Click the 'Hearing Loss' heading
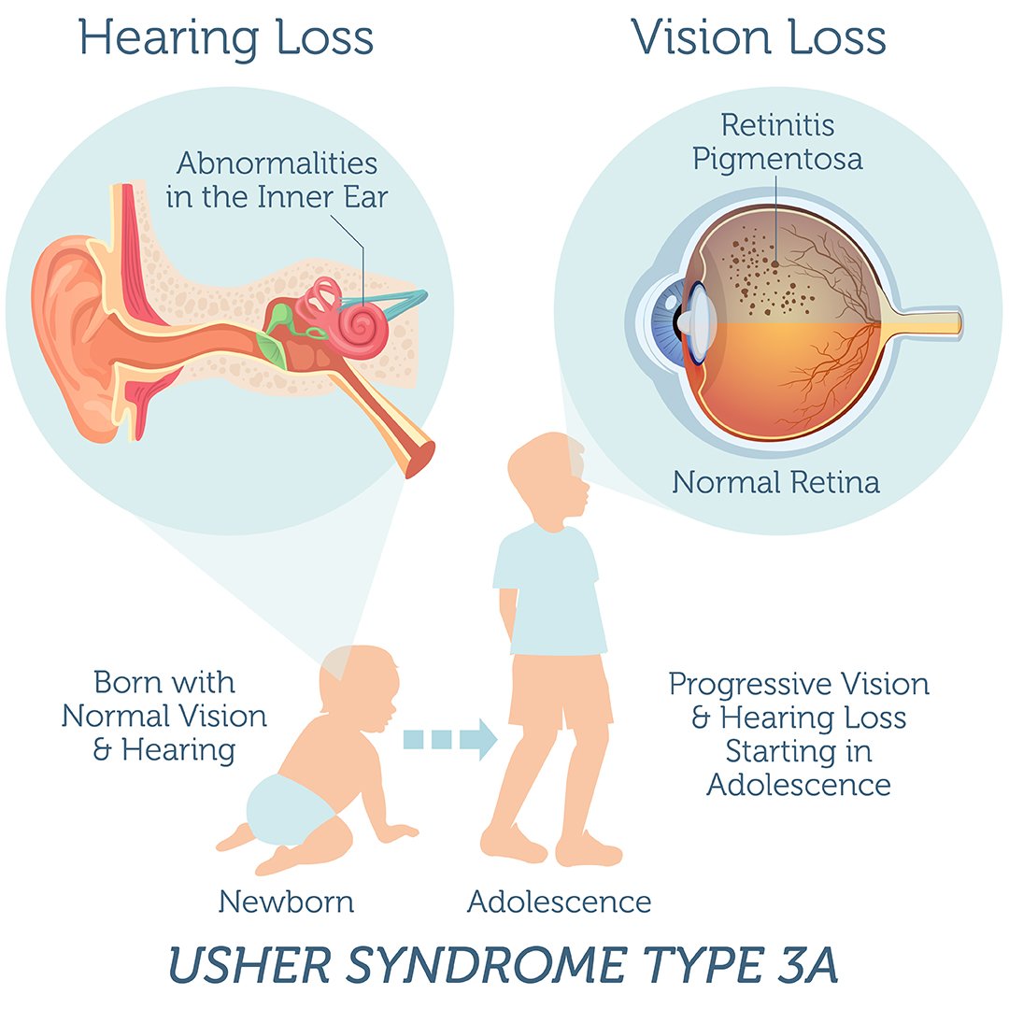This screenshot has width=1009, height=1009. pyautogui.click(x=226, y=38)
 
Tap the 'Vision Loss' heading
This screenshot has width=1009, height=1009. pyautogui.click(x=758, y=37)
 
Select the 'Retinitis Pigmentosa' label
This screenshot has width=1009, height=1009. pyautogui.click(x=777, y=143)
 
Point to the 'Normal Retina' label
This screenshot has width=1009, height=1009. pyautogui.click(x=775, y=482)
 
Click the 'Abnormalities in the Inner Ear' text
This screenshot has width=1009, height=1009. pyautogui.click(x=277, y=180)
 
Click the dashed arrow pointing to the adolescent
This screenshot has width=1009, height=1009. pyautogui.click(x=450, y=739)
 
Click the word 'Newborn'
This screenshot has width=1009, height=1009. pyautogui.click(x=287, y=902)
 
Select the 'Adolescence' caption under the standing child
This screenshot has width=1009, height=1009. pyautogui.click(x=560, y=902)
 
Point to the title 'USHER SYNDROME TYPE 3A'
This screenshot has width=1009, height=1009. pyautogui.click(x=504, y=964)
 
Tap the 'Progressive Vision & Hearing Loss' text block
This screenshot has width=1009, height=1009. pyautogui.click(x=799, y=734)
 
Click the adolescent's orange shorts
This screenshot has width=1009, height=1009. pyautogui.click(x=559, y=691)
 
